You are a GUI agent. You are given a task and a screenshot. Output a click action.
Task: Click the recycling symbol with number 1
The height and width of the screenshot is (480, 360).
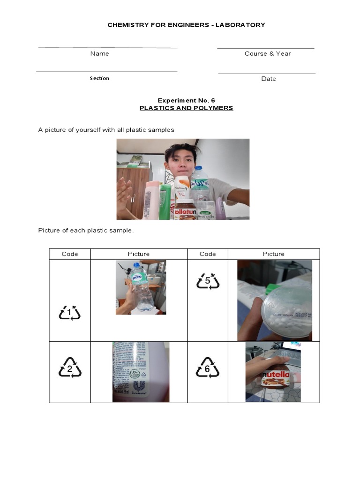coord(70,313)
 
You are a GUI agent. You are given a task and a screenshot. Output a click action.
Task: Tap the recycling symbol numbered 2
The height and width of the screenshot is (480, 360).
coord(70,367)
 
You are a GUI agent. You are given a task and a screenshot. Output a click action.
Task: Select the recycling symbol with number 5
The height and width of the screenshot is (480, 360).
coord(208,282)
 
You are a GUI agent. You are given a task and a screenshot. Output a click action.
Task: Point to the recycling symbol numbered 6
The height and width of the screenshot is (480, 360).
coord(208,367)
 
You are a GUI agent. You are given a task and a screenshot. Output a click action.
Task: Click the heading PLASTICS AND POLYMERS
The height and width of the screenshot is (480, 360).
coord(186,108)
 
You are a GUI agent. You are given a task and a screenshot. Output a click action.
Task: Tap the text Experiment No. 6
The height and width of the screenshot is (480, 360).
coord(186,100)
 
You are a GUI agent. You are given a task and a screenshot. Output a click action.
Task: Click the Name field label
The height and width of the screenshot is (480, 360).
coord(99,54)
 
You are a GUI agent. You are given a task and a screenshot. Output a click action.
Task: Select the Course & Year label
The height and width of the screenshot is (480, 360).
coord(268,54)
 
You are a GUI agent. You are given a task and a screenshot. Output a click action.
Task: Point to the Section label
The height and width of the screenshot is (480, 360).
coord(99,78)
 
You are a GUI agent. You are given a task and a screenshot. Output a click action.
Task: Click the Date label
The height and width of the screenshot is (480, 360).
coord(269,79)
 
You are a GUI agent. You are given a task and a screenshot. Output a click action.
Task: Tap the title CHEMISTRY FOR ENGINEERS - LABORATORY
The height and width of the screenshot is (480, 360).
coord(186,25)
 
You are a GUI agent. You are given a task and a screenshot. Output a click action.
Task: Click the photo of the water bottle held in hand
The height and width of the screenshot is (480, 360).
coord(141,287)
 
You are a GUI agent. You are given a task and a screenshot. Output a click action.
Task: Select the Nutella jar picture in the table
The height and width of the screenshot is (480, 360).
coord(274,372)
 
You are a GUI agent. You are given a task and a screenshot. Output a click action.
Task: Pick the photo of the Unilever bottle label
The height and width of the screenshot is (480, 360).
coord(141,372)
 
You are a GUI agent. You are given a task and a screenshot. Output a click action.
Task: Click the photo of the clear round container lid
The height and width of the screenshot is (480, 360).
coord(274,300)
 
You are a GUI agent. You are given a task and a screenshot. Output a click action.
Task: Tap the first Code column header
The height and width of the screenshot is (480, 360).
coord(70,254)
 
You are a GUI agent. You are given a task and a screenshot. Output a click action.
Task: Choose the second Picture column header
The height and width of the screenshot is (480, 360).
coord(273,254)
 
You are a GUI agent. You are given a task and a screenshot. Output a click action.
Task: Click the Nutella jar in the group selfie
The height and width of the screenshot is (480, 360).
coord(185,209)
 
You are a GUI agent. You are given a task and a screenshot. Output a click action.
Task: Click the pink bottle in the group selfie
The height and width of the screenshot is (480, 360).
coord(151,200)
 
